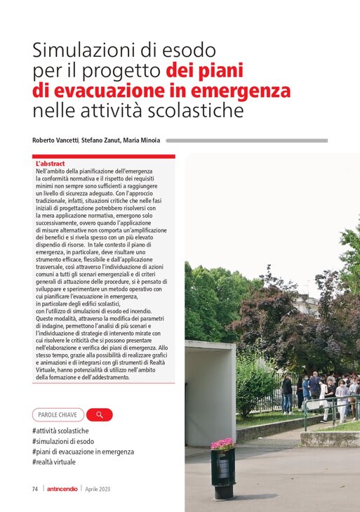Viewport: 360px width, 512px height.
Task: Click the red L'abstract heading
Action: (50, 164)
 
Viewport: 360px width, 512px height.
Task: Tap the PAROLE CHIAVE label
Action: (58, 414)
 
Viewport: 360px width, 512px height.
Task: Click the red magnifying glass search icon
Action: (100, 414)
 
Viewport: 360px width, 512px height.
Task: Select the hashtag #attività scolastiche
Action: (60, 431)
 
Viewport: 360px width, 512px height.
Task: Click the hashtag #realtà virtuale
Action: (54, 462)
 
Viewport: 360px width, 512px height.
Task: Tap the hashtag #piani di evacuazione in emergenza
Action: (83, 452)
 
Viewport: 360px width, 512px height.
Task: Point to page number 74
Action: (34, 489)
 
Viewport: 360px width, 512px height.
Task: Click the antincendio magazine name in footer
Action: (62, 489)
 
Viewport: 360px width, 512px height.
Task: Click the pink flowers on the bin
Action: (223, 444)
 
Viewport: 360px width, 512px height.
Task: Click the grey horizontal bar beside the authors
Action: (246, 140)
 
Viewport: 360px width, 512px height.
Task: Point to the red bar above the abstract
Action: (103, 157)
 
